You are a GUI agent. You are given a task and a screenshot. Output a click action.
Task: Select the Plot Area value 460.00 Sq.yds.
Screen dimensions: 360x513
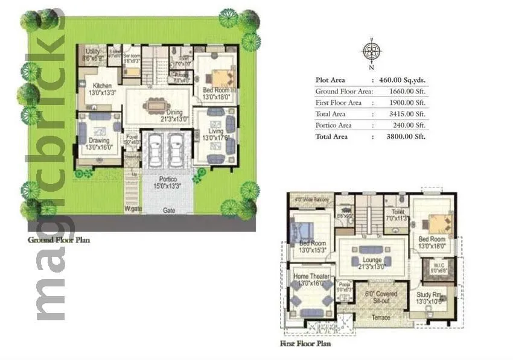click(x=402, y=80)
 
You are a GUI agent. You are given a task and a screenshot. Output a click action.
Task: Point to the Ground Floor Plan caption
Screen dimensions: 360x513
click(x=59, y=239)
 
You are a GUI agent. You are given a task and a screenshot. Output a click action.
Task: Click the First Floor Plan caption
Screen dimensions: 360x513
click(x=305, y=344)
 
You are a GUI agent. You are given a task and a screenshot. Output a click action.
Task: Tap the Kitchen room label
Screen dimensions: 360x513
click(x=97, y=89)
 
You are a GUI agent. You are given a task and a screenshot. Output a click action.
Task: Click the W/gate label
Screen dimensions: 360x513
click(x=133, y=210)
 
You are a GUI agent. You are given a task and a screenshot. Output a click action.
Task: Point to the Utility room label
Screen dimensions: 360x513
click(x=92, y=55)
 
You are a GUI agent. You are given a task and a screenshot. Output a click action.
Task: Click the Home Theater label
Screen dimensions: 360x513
click(x=310, y=279)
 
